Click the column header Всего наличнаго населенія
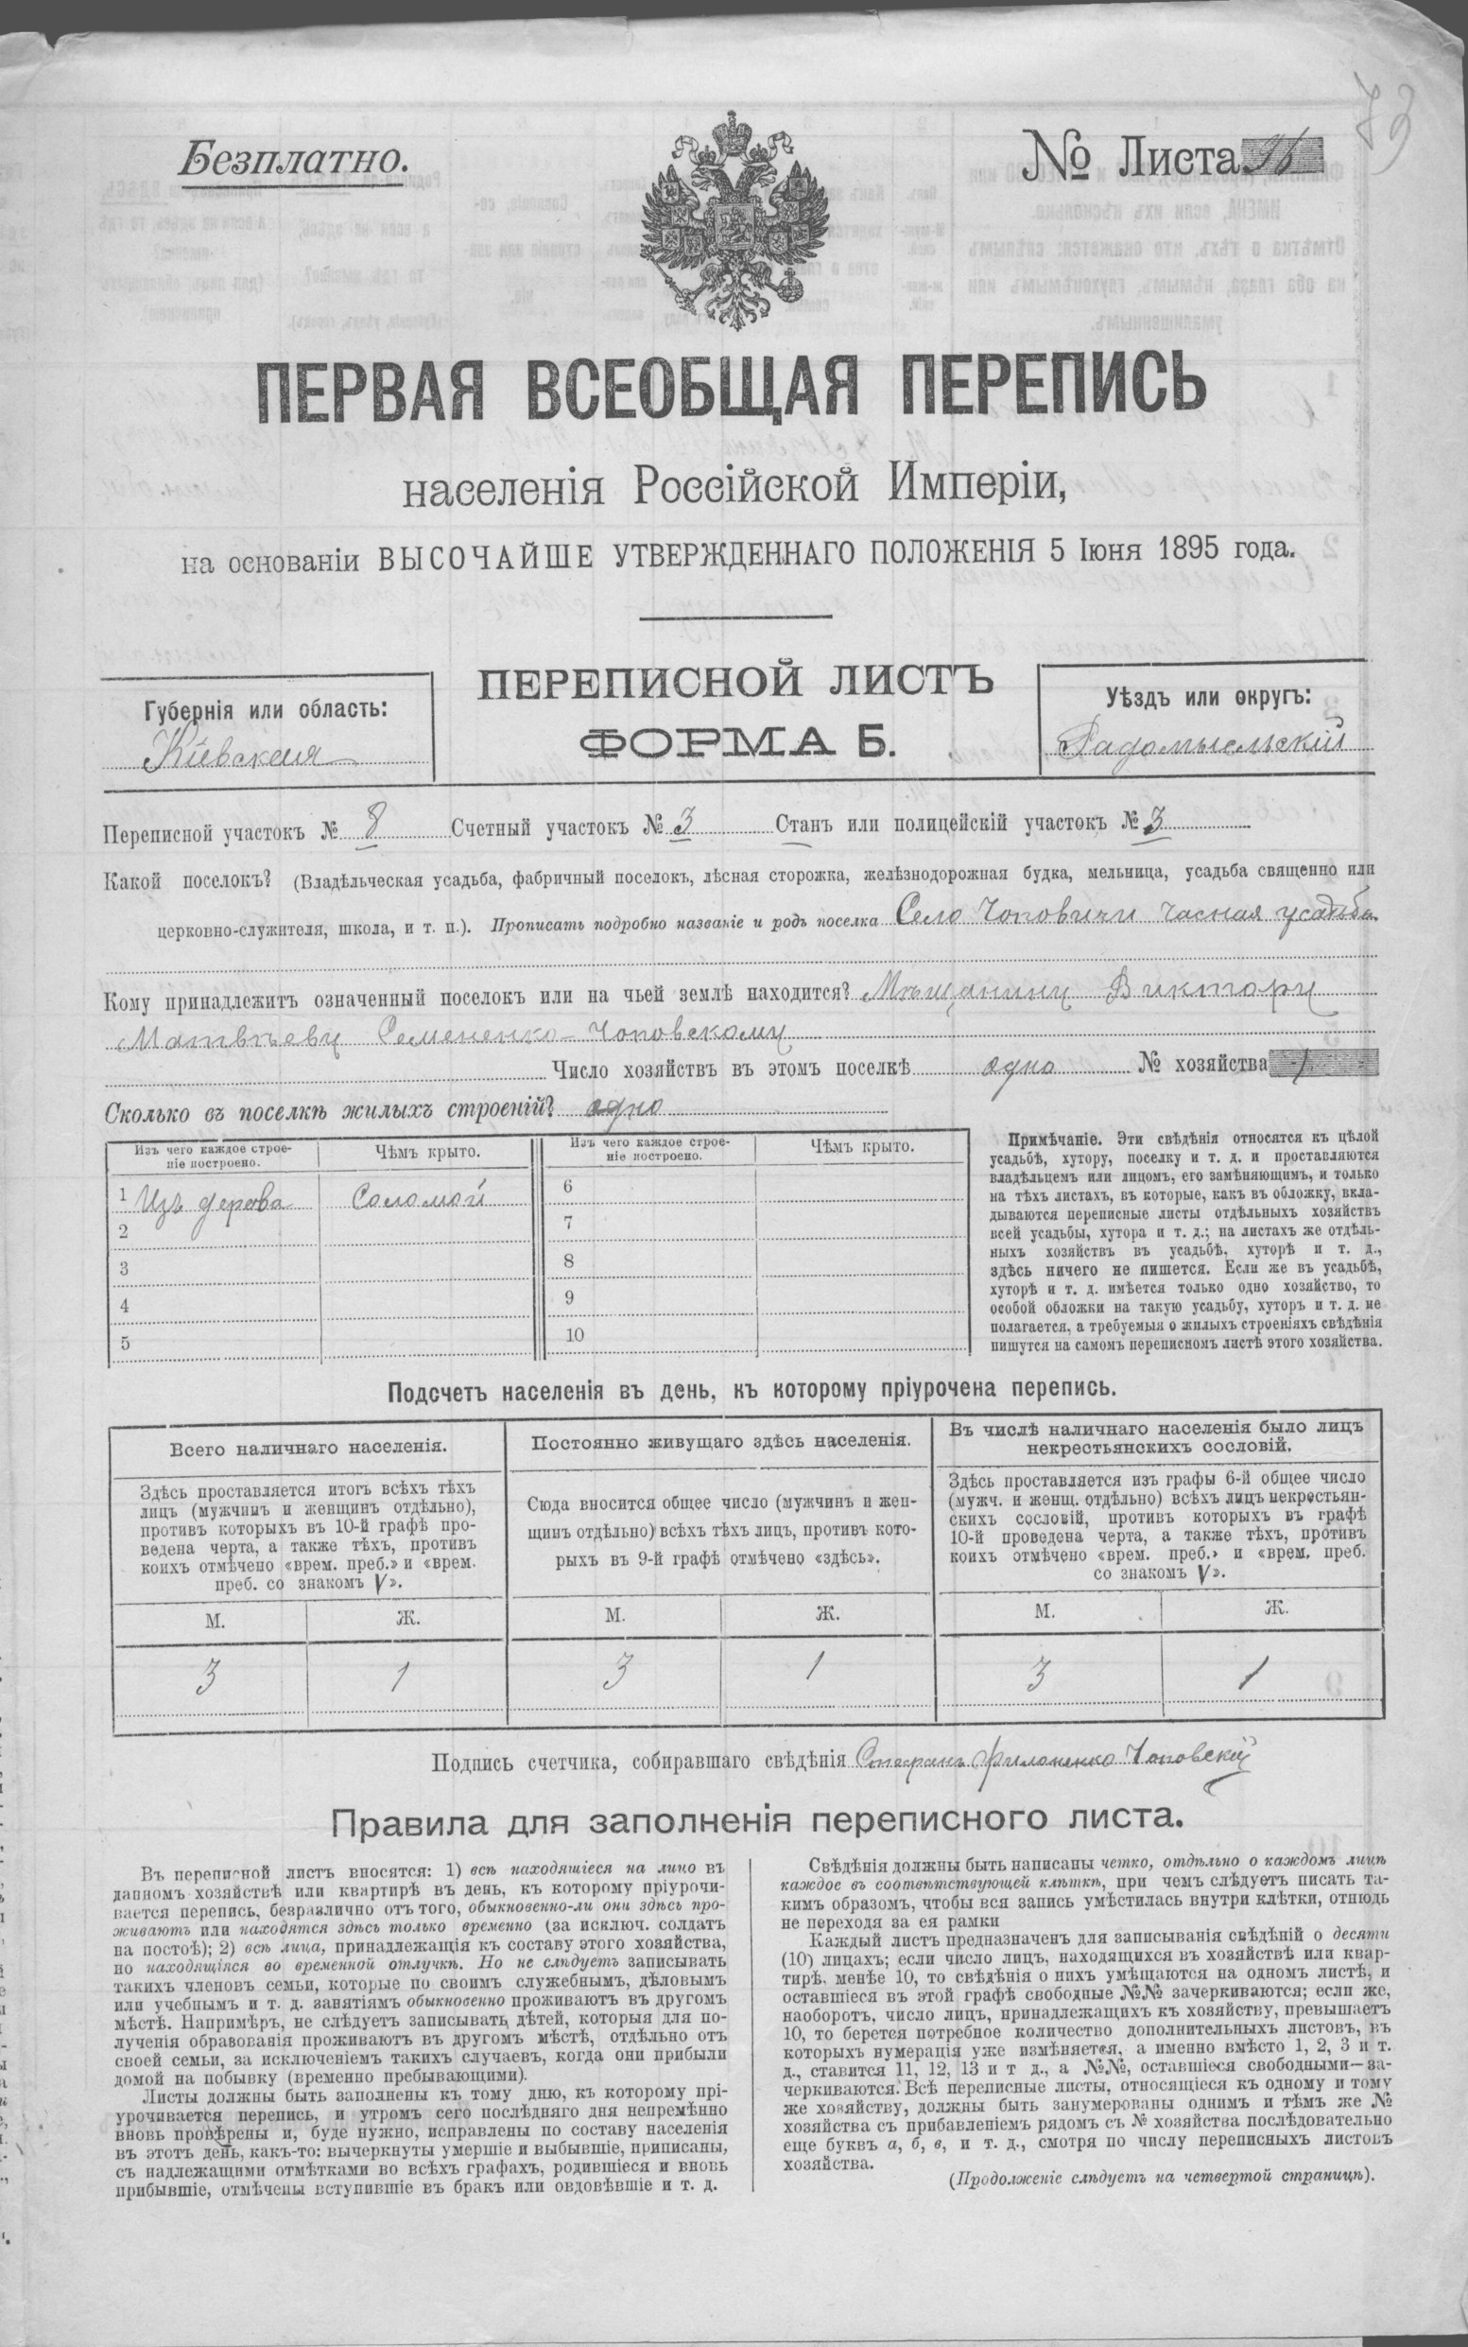(x=308, y=1447)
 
